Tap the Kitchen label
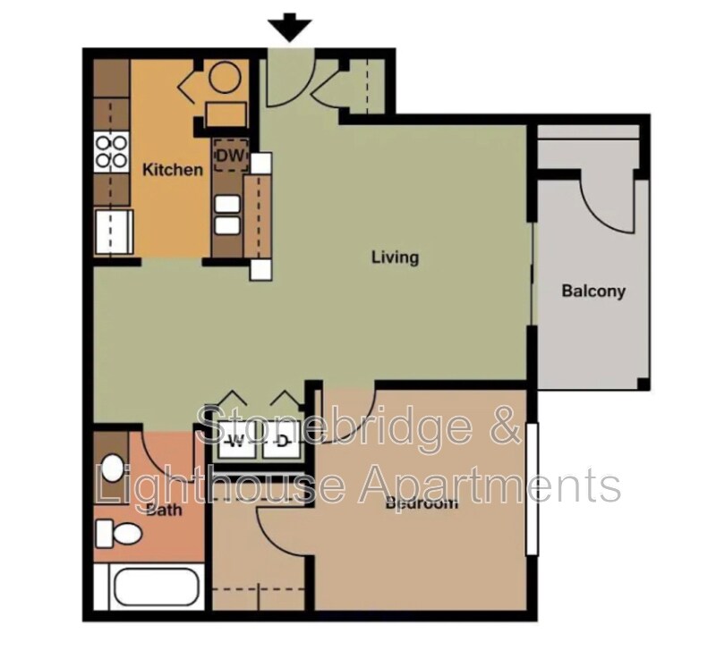click(x=173, y=170)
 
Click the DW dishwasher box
click(x=230, y=156)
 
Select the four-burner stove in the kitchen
click(x=110, y=149)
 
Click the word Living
click(x=395, y=257)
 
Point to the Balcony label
click(x=592, y=291)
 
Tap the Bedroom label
click(x=421, y=502)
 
